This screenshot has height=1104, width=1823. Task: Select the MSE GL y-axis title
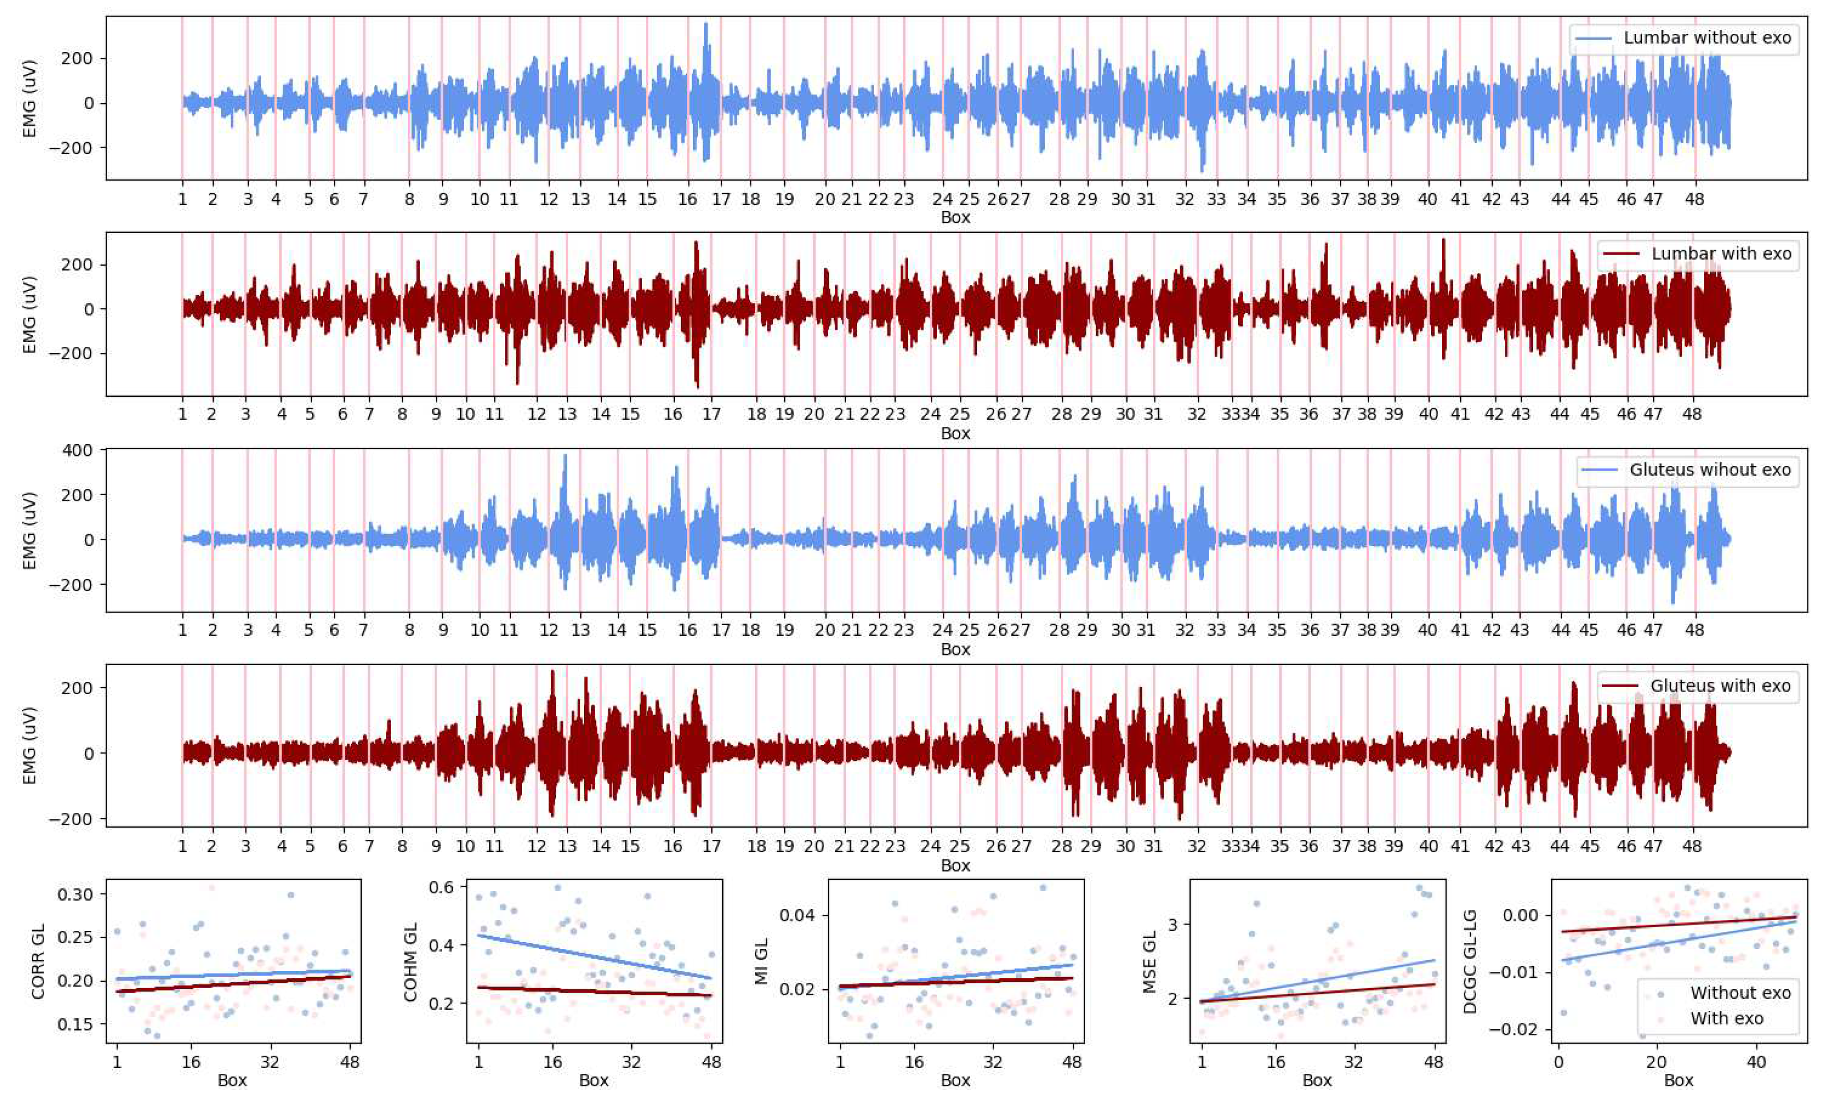(1149, 961)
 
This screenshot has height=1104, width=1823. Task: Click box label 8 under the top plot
(409, 199)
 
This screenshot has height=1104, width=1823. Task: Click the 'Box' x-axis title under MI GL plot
(955, 1080)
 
